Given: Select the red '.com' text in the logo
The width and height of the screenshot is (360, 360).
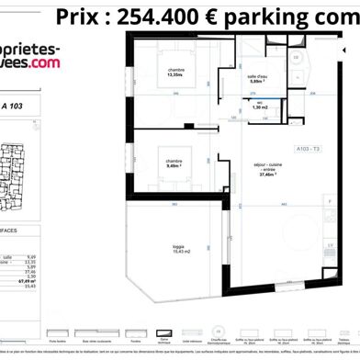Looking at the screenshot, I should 42,62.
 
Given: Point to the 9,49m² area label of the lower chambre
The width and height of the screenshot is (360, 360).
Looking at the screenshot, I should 174,167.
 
